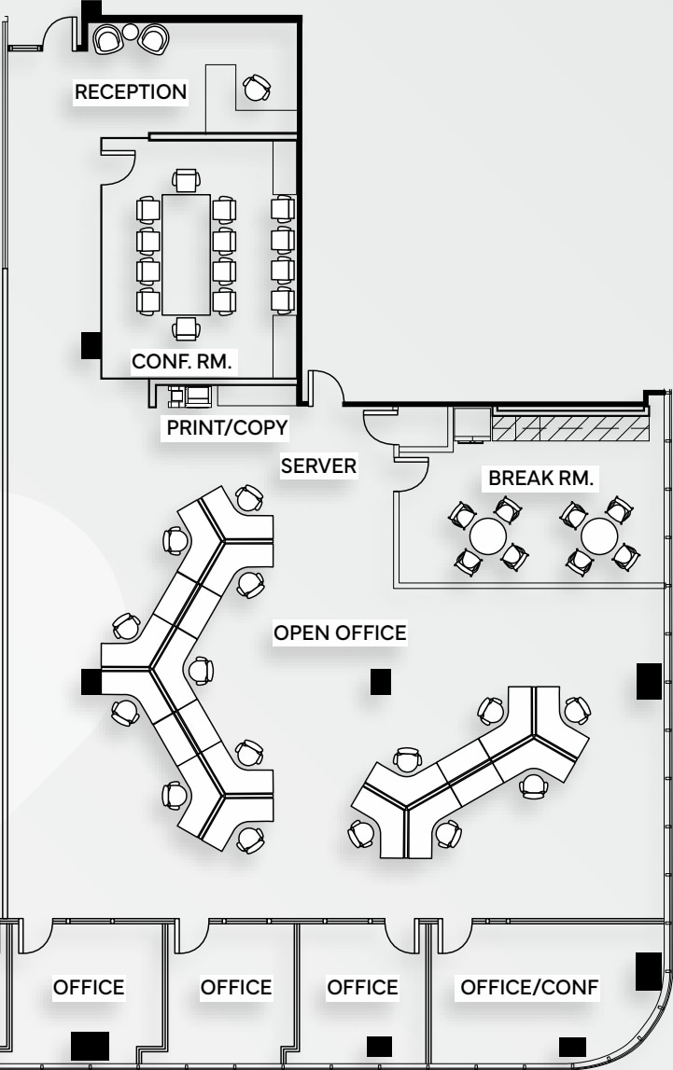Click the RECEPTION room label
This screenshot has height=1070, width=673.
[x=131, y=91]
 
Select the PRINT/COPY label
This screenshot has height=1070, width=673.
[x=227, y=427]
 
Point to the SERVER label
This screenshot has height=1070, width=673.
[x=319, y=466]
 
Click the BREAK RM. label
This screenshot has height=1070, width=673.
[x=541, y=478]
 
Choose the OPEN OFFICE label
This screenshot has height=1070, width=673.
[x=340, y=632]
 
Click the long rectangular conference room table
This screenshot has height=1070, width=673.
[x=186, y=254]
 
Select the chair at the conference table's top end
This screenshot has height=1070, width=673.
[x=187, y=180]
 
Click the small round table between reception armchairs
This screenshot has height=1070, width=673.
[x=131, y=34]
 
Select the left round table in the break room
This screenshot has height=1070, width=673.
[x=487, y=535]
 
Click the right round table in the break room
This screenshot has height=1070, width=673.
[x=598, y=535]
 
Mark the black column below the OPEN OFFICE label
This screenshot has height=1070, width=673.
[x=380, y=682]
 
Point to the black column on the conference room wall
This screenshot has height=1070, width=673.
[x=90, y=345]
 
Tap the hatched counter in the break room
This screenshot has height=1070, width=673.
[x=569, y=428]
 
